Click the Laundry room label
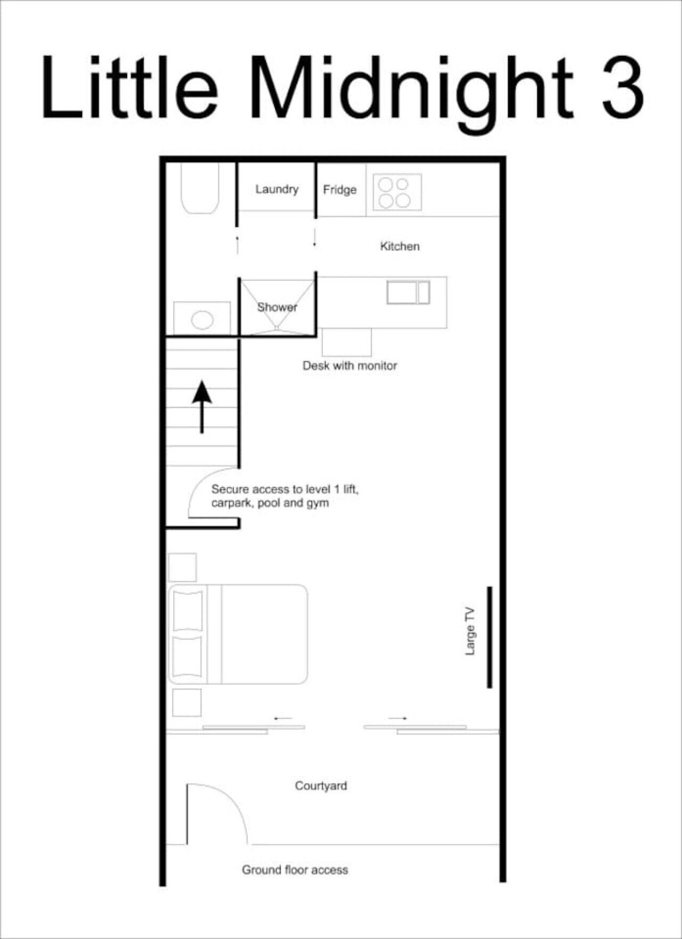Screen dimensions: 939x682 pos(277,189)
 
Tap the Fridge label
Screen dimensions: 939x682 pos(339,190)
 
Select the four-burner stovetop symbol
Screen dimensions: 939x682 pos(397,192)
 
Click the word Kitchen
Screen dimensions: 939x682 pos(400,246)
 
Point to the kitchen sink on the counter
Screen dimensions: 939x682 pos(408,293)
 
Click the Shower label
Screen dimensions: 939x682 pos(277,307)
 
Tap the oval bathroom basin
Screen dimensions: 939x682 pos(202,320)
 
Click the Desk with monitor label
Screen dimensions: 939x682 pos(350,366)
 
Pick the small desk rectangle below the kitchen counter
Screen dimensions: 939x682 pos(346,342)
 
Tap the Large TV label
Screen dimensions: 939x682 pos(470,632)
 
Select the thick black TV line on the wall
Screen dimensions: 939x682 pos(489,637)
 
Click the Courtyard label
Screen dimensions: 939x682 pos(321,786)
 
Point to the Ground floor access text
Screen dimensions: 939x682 pos(295,870)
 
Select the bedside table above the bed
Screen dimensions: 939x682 pos(182,567)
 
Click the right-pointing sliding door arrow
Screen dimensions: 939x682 pos(397,718)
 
